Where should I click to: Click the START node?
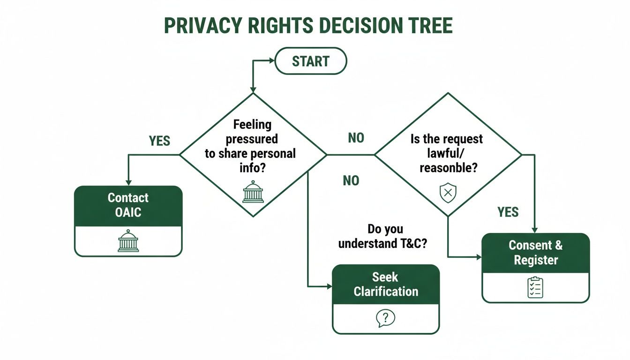(310, 61)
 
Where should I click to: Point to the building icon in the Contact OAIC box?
(128, 241)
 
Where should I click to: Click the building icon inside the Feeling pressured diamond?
(253, 192)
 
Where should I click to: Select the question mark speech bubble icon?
(386, 318)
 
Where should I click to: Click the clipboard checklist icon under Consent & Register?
(535, 287)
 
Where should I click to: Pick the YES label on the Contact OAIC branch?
(159, 141)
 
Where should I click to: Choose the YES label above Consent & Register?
(508, 212)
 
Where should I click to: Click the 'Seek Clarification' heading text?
(386, 284)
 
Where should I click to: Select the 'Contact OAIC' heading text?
(128, 205)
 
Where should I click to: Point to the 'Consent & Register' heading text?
(536, 252)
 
